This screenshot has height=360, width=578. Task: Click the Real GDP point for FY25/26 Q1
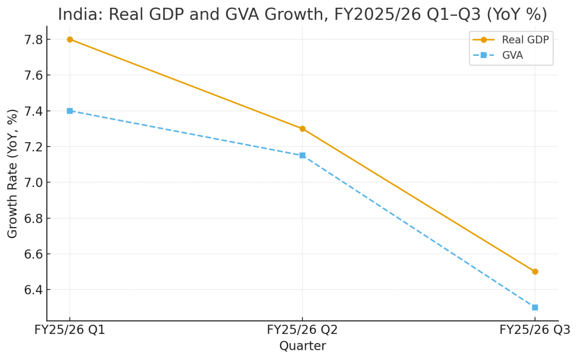tap(70, 40)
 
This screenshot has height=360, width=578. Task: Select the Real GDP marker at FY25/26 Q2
tap(302, 129)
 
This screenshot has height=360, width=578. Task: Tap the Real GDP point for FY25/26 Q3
tap(535, 271)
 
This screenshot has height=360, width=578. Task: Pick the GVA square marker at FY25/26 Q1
tap(70, 111)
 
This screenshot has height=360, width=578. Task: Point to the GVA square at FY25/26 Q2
tap(302, 155)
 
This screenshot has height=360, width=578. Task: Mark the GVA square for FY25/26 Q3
tap(535, 307)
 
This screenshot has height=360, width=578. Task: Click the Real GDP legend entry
tap(525, 40)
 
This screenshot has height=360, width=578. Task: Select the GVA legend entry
tap(512, 55)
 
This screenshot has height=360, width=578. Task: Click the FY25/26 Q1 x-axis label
tap(70, 330)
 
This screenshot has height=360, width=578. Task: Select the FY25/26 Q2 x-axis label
tap(302, 330)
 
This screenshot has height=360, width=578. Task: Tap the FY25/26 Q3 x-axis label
tap(535, 330)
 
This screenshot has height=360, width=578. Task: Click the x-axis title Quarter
tap(302, 346)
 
